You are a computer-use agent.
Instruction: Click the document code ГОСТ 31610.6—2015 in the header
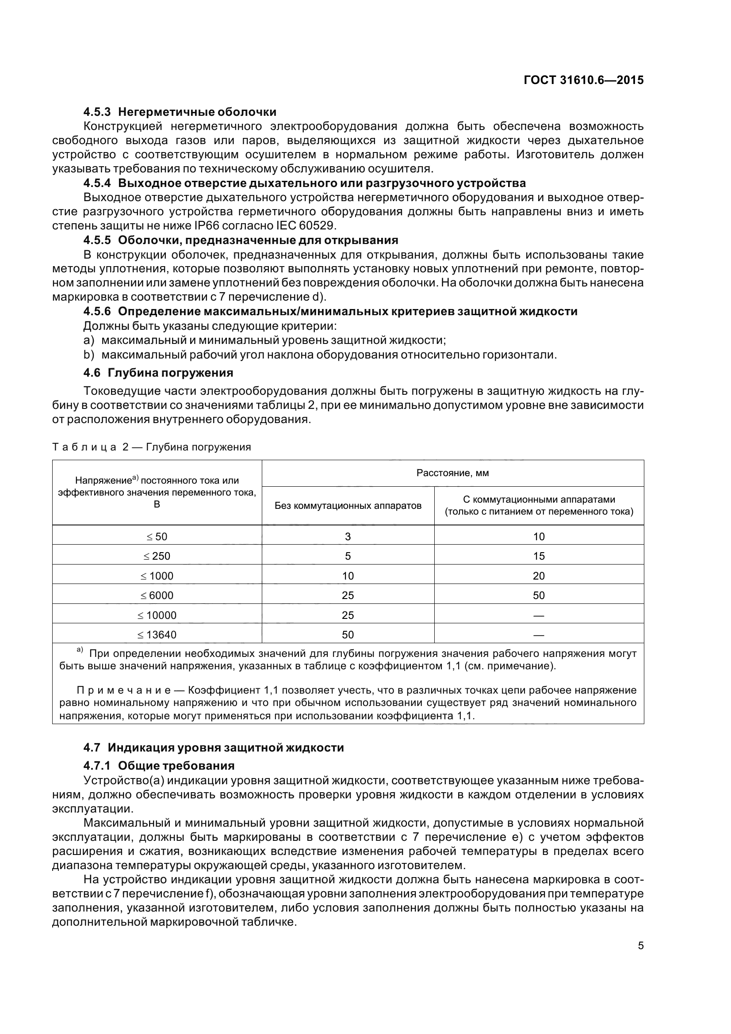pyautogui.click(x=584, y=80)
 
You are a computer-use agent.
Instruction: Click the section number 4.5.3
pyautogui.click(x=98, y=112)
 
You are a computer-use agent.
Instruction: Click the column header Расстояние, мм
pyautogui.click(x=452, y=473)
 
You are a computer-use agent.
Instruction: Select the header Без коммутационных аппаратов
pyautogui.click(x=348, y=505)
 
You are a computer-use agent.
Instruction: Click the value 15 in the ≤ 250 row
pyautogui.click(x=539, y=556)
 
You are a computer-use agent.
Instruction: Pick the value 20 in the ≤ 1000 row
pyautogui.click(x=539, y=576)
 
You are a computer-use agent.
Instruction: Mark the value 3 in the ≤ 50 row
pyautogui.click(x=348, y=536)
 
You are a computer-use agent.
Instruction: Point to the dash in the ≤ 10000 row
pyautogui.click(x=539, y=615)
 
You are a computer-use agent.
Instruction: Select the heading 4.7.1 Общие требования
pyautogui.click(x=159, y=766)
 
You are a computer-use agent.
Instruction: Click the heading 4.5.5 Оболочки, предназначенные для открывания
pyautogui.click(x=241, y=240)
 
